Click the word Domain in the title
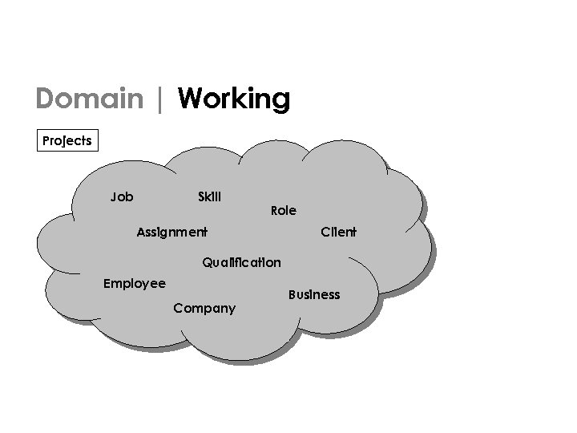[88, 99]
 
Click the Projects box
[67, 141]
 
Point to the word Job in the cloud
[122, 196]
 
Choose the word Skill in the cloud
[209, 196]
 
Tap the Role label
[284, 211]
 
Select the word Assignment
[171, 233]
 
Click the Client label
[338, 233]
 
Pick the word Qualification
[241, 262]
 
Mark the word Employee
[135, 284]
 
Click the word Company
[204, 309]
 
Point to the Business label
[313, 295]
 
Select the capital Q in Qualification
[208, 262]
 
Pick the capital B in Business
[291, 295]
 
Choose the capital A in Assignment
[141, 233]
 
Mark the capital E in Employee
[108, 283]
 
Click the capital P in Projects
[46, 141]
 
